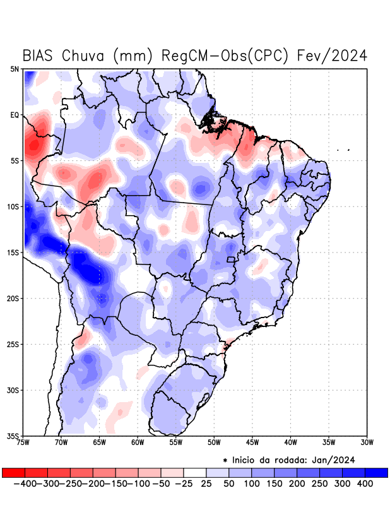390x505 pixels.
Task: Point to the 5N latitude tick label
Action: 14,69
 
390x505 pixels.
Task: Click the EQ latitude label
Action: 15,115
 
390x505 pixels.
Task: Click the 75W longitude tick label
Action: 24,442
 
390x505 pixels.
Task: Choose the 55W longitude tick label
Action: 176,442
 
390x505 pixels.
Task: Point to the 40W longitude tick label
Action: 291,442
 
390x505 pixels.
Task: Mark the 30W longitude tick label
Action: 367,442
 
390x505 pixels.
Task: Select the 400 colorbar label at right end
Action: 365,484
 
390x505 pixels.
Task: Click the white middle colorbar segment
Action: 195,472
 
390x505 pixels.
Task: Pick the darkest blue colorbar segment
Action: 376,472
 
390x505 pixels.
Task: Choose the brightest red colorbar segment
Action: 13,472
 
